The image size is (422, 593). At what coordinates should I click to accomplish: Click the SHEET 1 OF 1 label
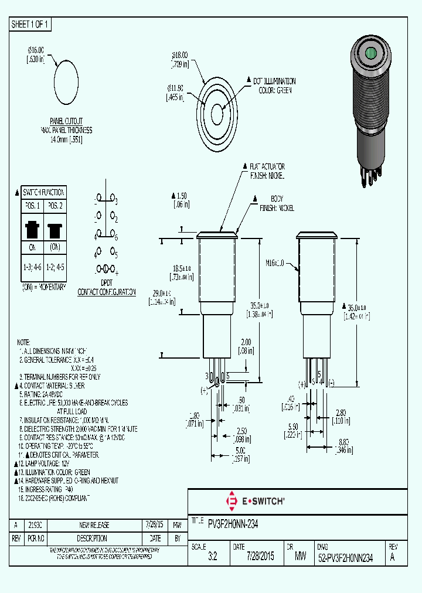(30, 24)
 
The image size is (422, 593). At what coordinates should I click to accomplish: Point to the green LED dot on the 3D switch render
(370, 56)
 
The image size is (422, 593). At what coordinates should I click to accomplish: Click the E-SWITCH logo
(256, 501)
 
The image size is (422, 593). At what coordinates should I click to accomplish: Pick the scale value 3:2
(212, 558)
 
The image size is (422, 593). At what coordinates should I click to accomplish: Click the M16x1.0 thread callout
(275, 264)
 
